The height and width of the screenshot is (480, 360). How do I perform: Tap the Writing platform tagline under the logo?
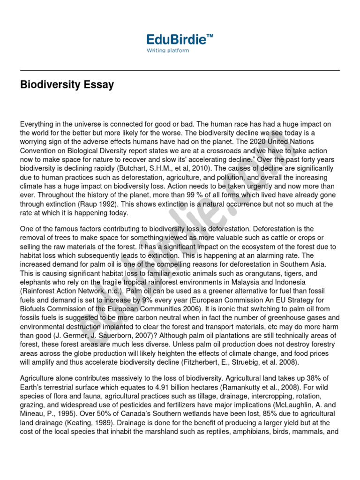click(168, 51)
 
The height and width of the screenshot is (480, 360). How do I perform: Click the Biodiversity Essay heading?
click(67, 85)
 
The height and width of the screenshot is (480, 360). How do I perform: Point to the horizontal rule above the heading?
click(180, 70)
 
